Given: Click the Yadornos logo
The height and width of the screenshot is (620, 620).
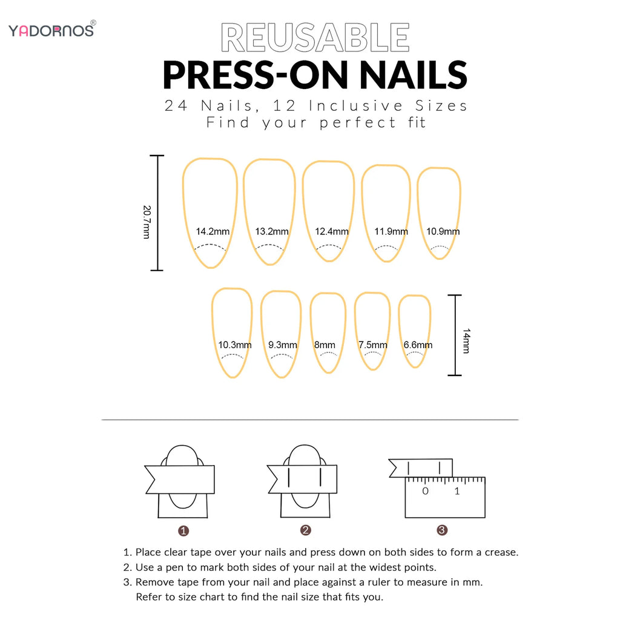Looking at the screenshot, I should coord(51,30).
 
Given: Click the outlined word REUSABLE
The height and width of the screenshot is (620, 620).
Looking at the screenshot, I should coord(315,38).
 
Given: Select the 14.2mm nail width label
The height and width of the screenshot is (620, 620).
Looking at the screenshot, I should coord(213,231).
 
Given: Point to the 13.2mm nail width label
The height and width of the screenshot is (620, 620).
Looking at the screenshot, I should coord(272,231).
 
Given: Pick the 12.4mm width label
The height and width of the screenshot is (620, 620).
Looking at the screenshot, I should coord(332,231).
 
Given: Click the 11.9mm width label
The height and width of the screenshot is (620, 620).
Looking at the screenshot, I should coord(391,231).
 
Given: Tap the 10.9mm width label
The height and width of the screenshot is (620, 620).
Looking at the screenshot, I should coord(443,231).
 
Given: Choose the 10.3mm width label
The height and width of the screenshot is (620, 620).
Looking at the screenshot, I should coord(235,345).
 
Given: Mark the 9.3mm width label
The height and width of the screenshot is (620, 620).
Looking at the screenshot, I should coord(283,345).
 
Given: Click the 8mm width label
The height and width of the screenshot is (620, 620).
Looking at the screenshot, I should coord(325,345).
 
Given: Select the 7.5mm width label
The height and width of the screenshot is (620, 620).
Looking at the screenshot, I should coord(371,345).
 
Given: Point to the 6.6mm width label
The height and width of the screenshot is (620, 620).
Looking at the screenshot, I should coord(418,345).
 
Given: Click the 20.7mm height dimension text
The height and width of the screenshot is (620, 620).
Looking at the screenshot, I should coord(147,222).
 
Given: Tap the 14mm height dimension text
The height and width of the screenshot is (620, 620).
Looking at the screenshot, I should coord(466,341).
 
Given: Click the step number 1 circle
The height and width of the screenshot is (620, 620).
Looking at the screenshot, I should coord(184,531).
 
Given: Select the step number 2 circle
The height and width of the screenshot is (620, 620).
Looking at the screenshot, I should coord(306,530).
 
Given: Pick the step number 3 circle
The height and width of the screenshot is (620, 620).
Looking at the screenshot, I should coord(442,530).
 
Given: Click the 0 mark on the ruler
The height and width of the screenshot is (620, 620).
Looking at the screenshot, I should coord(425,491).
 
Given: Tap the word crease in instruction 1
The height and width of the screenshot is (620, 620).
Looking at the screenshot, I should coord(501,552).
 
